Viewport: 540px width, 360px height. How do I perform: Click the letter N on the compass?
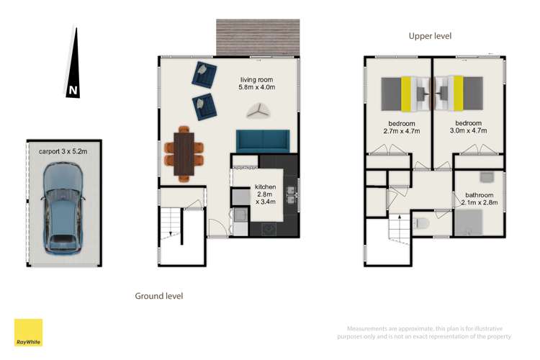click(x=73, y=91)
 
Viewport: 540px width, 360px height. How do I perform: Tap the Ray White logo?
click(x=28, y=332)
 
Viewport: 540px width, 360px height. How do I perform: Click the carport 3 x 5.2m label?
click(x=63, y=152)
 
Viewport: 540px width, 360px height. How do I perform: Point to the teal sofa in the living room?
click(x=263, y=140)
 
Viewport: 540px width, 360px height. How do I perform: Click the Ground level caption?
click(x=159, y=296)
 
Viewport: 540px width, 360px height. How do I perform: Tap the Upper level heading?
click(x=430, y=35)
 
